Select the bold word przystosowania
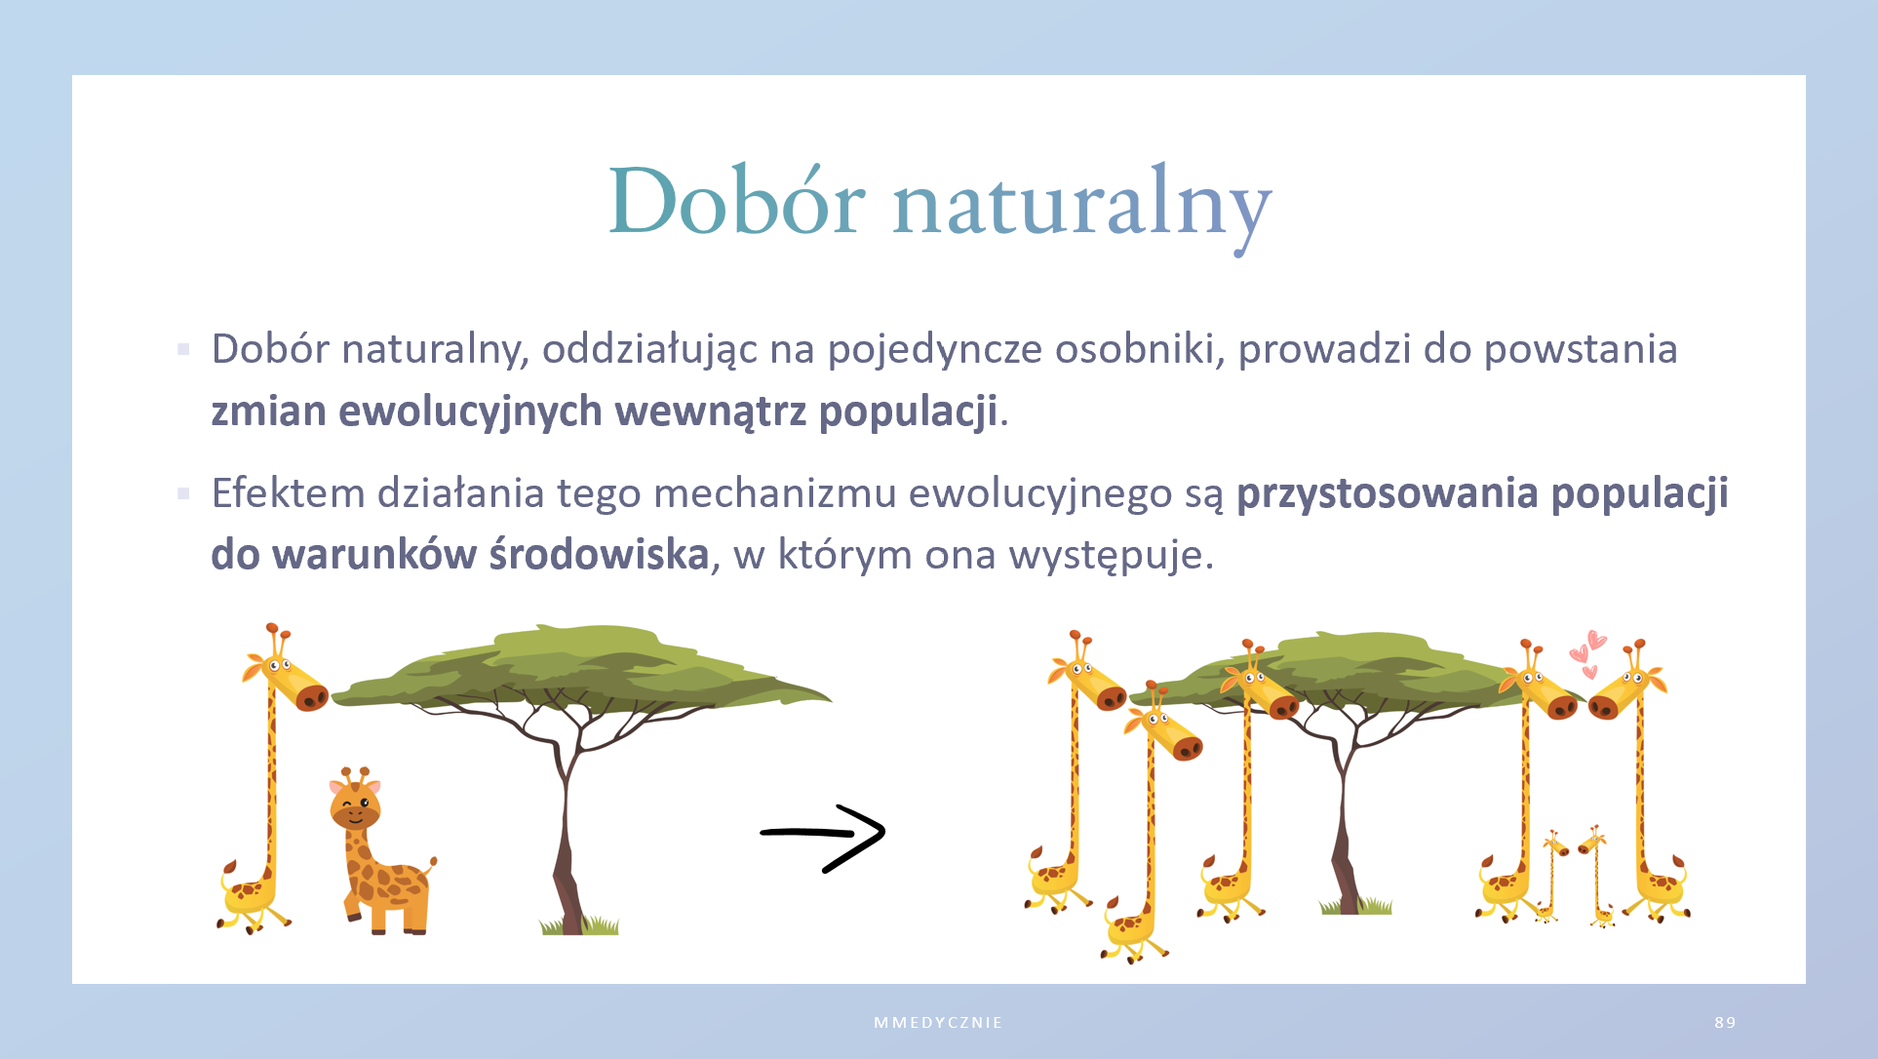[1388, 493]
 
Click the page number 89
[1725, 1022]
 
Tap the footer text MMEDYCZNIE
[938, 1022]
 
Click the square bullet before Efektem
[183, 493]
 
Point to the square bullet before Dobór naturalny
[183, 349]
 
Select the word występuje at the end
[1111, 555]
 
